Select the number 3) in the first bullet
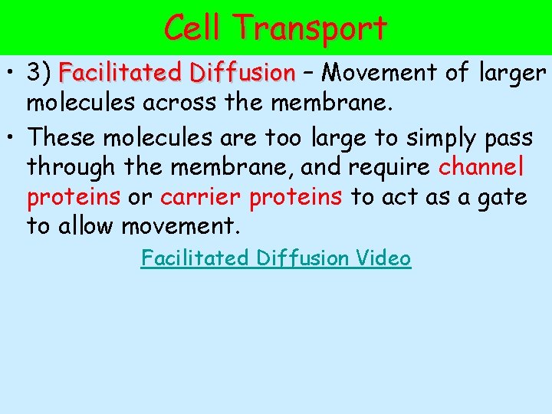[x=38, y=73]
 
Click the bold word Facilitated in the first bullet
[x=120, y=73]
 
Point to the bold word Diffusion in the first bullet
[x=243, y=73]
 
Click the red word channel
[x=481, y=167]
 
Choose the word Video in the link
[x=383, y=258]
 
